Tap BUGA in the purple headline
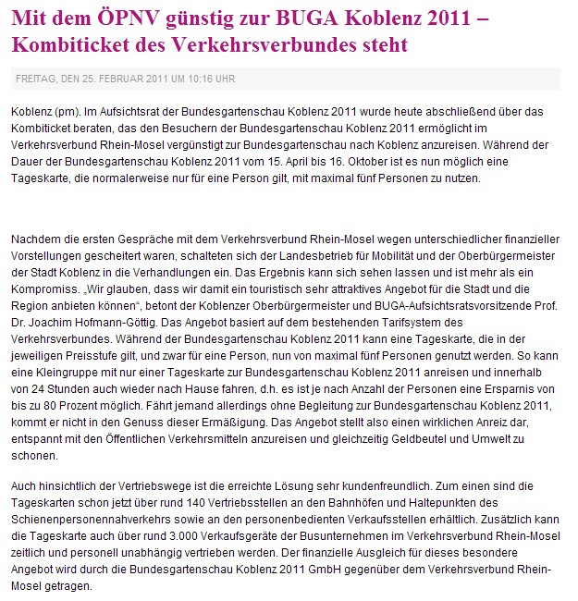(306, 16)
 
